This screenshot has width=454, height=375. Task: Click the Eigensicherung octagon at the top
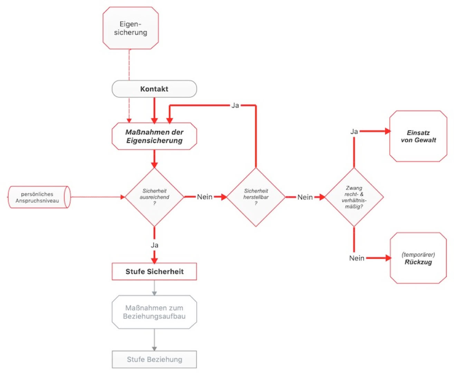pos(131,28)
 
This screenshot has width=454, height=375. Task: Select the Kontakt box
pos(154,89)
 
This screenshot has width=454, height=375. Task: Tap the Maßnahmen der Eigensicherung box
pos(154,136)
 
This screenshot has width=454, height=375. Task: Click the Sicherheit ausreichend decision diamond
pos(154,197)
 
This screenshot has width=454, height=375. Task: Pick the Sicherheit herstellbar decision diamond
pos(256,197)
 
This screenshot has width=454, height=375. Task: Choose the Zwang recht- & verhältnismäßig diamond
pos(354,197)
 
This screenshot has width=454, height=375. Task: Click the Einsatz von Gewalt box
pos(418,136)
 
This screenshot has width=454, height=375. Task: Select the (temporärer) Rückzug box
pos(418,258)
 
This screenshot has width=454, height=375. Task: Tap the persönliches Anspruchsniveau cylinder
pos(38,197)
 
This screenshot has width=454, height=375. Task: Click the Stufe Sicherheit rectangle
pos(154,272)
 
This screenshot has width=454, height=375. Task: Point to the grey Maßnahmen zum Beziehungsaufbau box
pos(154,312)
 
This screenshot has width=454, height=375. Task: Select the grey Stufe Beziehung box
pos(154,359)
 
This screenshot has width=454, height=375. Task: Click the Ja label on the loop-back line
pos(235,105)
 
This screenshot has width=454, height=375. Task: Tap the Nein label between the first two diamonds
pos(205,197)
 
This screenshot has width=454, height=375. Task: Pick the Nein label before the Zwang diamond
pos(305,197)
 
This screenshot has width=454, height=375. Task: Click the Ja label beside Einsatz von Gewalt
pos(354,132)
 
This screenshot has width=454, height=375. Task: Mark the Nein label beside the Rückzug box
pos(357,258)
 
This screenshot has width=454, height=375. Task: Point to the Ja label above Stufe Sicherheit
pos(154,245)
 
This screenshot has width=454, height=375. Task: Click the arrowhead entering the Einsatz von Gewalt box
pos(388,131)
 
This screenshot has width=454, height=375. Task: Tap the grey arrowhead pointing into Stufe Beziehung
pos(154,348)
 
